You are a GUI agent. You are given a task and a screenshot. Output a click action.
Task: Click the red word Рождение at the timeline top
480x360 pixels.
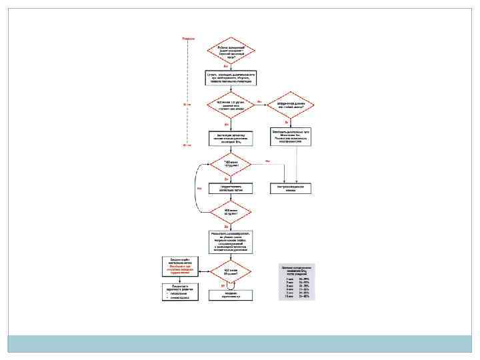point(189,39)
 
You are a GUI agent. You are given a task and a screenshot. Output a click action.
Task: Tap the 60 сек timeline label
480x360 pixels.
point(187,141)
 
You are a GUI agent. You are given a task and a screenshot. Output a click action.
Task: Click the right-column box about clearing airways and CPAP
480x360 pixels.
point(291,136)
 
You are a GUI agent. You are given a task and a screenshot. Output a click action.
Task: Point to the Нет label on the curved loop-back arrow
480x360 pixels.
point(199,187)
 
